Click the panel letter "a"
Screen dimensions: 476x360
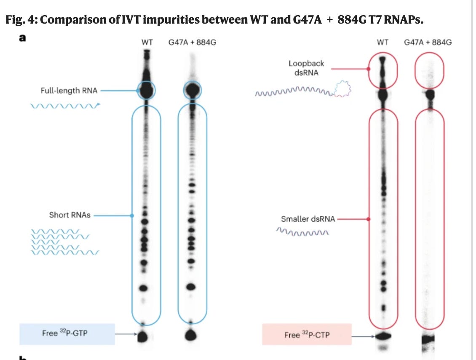(x=22, y=38)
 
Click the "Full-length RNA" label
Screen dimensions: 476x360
(x=69, y=90)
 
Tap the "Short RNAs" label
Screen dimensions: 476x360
(x=70, y=215)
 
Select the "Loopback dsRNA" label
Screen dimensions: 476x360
(x=306, y=68)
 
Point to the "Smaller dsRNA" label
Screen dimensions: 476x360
(x=308, y=219)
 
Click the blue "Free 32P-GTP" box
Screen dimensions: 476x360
(x=67, y=333)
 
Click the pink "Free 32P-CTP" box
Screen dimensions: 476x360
(x=307, y=335)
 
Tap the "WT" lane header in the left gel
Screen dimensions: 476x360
(x=147, y=43)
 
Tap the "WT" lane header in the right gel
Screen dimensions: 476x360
(x=382, y=43)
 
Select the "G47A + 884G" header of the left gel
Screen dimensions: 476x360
(x=193, y=43)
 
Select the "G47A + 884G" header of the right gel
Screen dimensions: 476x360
(x=428, y=43)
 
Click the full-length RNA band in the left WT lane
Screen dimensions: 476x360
(x=147, y=90)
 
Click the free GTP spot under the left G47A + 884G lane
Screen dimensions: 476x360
(x=192, y=335)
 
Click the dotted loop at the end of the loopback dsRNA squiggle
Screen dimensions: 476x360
(x=343, y=89)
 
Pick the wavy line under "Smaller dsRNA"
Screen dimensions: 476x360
(x=302, y=232)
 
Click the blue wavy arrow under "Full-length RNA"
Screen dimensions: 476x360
(x=65, y=105)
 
